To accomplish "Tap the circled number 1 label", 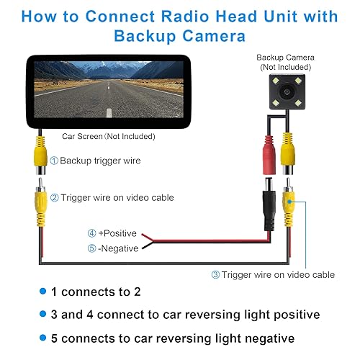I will click(54, 161).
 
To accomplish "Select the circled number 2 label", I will click(54, 197).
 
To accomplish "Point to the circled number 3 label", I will click(215, 274).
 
